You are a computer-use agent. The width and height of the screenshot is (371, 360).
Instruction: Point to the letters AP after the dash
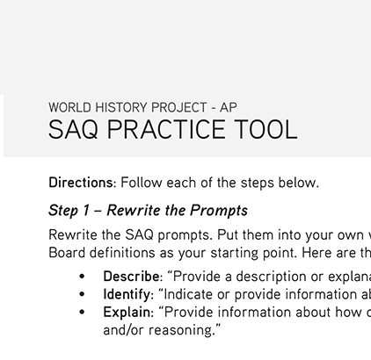click(229, 108)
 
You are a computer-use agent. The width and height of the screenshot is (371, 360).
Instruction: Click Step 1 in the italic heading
click(70, 211)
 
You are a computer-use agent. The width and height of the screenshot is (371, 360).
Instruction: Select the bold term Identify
click(127, 294)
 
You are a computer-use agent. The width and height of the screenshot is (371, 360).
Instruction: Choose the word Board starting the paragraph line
click(67, 252)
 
